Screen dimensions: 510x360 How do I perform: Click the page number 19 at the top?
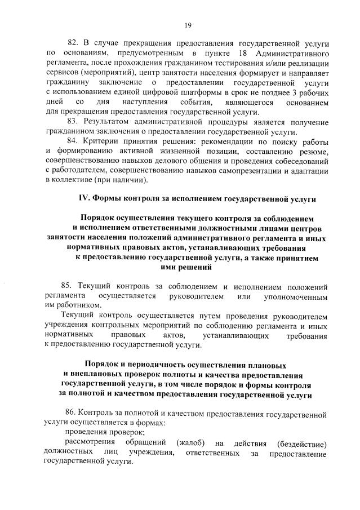(x=188, y=25)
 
